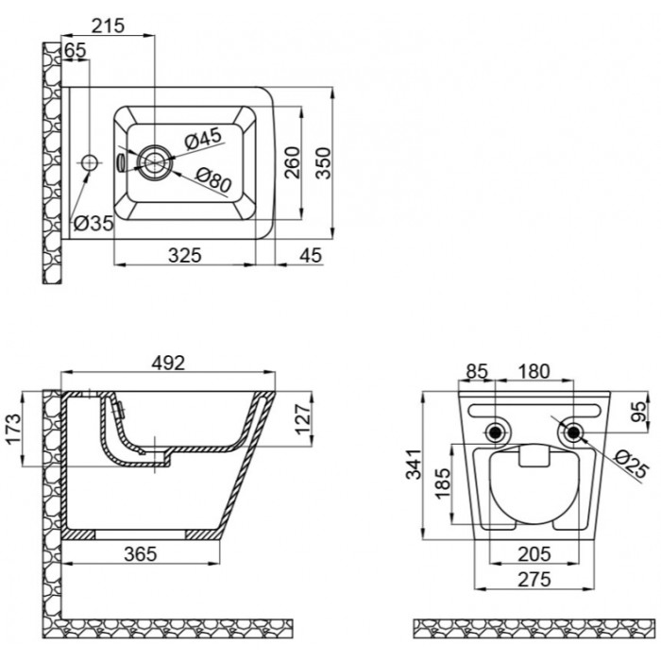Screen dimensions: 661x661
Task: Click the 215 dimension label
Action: pos(109,25)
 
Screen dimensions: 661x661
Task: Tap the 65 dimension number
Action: pos(76,51)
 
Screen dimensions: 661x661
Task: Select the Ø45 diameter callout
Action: pos(203,138)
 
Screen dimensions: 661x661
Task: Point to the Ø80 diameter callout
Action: pos(213,179)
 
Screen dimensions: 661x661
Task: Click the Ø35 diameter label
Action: pos(93,223)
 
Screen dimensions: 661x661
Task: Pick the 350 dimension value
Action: pos(324,163)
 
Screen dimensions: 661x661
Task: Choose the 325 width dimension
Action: pos(185,256)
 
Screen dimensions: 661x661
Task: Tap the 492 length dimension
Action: pos(168,363)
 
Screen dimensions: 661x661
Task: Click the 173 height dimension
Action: pos(13,429)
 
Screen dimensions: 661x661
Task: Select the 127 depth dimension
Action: pos(303,419)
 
